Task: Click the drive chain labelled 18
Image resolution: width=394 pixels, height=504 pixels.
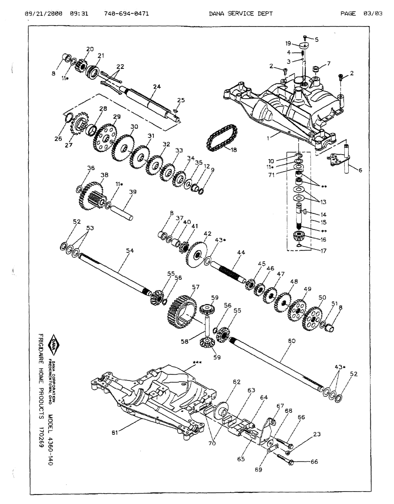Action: pos(221,138)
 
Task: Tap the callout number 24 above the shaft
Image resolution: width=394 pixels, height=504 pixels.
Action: pos(156,87)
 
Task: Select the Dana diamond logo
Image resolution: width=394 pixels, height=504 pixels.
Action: pos(55,344)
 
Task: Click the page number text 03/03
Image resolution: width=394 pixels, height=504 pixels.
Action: pos(373,13)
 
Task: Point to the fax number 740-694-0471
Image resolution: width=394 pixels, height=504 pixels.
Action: pos(126,13)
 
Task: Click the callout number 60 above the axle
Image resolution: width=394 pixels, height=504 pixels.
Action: pos(292,341)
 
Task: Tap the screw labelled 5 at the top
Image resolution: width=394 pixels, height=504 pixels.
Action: pos(305,38)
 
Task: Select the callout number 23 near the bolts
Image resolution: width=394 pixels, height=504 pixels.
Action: pos(317,434)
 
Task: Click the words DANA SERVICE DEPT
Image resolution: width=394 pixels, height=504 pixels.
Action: pos(241,13)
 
